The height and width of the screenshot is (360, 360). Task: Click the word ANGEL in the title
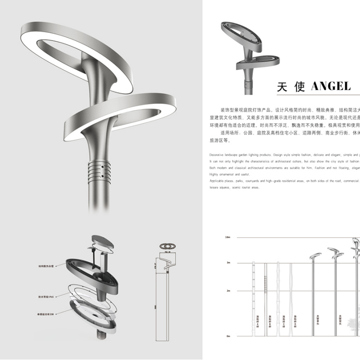(330, 87)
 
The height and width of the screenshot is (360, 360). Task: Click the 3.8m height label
(228, 237)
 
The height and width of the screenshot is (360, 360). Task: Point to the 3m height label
(228, 262)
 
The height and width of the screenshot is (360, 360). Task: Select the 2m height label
(228, 291)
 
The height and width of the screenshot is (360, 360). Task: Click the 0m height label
(228, 336)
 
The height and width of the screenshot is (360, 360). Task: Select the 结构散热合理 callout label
(46, 266)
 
